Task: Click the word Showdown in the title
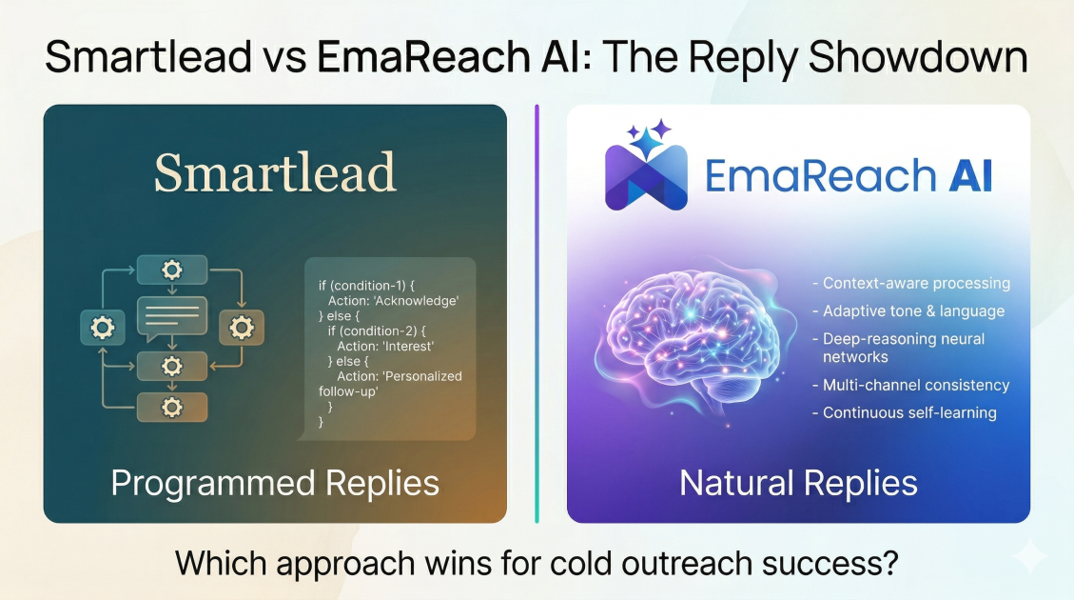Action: pyautogui.click(x=918, y=57)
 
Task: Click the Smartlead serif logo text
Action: pyautogui.click(x=275, y=172)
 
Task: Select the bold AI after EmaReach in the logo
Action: pyautogui.click(x=970, y=175)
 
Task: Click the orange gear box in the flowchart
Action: pyautogui.click(x=241, y=328)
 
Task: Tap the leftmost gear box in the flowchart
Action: pyautogui.click(x=103, y=328)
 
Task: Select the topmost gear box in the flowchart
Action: pyautogui.click(x=172, y=270)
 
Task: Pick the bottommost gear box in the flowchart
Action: pyautogui.click(x=172, y=408)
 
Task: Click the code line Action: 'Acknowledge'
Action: pyautogui.click(x=393, y=301)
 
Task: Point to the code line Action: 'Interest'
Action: pyautogui.click(x=385, y=347)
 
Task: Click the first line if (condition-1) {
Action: pyautogui.click(x=366, y=286)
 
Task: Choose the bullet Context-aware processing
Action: pyautogui.click(x=911, y=283)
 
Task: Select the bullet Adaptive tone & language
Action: pyautogui.click(x=908, y=311)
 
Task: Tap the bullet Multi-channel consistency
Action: pyautogui.click(x=911, y=386)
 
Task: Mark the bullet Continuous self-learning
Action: pyautogui.click(x=904, y=412)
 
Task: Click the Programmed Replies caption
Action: pyautogui.click(x=275, y=484)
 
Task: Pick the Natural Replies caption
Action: pyautogui.click(x=798, y=484)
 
